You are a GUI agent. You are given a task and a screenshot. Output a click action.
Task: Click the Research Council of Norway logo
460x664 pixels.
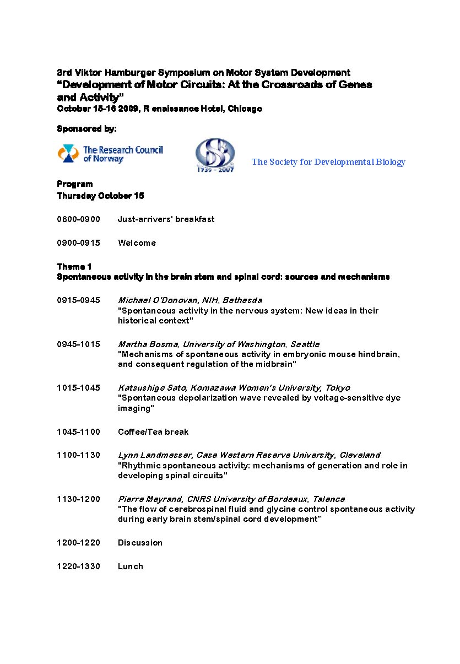[x=110, y=154]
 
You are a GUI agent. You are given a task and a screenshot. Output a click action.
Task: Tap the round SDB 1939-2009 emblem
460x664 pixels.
[x=215, y=155]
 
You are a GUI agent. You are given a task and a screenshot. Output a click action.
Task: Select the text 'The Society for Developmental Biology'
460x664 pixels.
[x=328, y=162]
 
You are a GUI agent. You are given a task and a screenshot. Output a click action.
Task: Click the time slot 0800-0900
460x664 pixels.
[x=79, y=219]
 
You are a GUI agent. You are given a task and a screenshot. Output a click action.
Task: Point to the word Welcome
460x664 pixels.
[x=137, y=243]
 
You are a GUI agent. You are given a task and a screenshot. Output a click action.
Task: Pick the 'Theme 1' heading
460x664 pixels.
[x=71, y=267]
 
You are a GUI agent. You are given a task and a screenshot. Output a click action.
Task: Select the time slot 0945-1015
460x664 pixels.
[x=79, y=344]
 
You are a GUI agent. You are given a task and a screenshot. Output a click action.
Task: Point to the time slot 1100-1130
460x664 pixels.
[x=79, y=455]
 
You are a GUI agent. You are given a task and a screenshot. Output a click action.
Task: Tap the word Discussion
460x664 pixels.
[x=140, y=543]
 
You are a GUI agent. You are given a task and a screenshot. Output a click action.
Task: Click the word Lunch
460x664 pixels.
[x=131, y=566]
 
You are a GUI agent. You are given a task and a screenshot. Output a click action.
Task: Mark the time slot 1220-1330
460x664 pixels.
[x=79, y=566]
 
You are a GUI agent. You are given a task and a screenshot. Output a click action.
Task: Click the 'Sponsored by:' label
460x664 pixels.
[x=86, y=129]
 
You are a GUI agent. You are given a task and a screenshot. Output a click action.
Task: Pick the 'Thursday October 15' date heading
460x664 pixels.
[x=100, y=196]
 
